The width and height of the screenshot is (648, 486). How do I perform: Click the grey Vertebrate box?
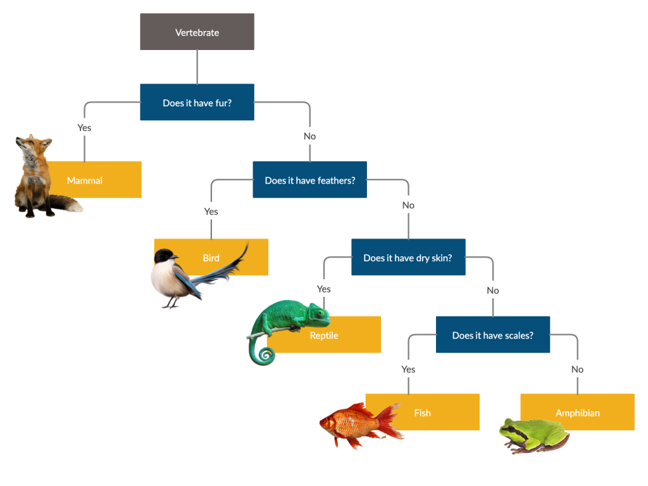[x=197, y=32]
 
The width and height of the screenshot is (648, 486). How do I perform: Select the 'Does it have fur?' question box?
[x=197, y=103]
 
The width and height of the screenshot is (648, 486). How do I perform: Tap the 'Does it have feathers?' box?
[x=309, y=180]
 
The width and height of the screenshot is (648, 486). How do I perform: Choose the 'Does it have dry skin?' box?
[x=408, y=258]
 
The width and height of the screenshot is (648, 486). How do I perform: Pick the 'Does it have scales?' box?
[x=492, y=335]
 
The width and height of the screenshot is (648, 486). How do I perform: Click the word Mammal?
[x=85, y=181]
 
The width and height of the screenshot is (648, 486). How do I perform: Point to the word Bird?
[x=211, y=258]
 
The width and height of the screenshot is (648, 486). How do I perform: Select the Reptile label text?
[x=324, y=336]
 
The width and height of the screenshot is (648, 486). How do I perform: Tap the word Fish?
[x=422, y=413]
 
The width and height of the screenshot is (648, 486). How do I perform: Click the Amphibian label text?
[x=577, y=413]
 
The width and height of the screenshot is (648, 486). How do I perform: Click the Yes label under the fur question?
[x=84, y=128]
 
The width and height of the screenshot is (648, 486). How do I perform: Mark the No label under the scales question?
[x=577, y=369]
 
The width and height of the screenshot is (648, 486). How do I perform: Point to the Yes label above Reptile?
[x=323, y=289]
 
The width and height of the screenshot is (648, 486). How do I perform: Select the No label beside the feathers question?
[x=408, y=205]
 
